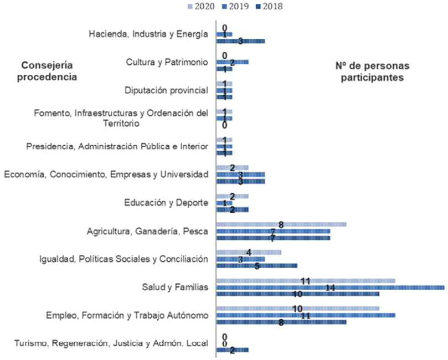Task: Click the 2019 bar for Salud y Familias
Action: [x=329, y=287]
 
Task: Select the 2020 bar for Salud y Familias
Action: [x=305, y=281]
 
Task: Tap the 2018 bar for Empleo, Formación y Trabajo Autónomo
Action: [x=281, y=322]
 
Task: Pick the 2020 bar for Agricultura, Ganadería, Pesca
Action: [x=281, y=224]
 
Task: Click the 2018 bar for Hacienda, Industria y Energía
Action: [x=240, y=41]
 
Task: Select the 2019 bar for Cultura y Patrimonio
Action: [x=232, y=62]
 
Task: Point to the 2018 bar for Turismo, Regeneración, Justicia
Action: [x=232, y=350]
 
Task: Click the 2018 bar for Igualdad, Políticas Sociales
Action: [x=256, y=266]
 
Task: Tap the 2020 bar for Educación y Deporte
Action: [x=232, y=196]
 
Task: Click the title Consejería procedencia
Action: [x=46, y=71]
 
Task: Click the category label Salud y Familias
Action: [x=175, y=287]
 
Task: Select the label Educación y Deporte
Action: [x=166, y=203]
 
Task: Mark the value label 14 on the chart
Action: [x=329, y=287]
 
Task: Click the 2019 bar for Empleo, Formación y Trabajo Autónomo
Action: [x=305, y=315]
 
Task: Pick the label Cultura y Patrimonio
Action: [x=167, y=62]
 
